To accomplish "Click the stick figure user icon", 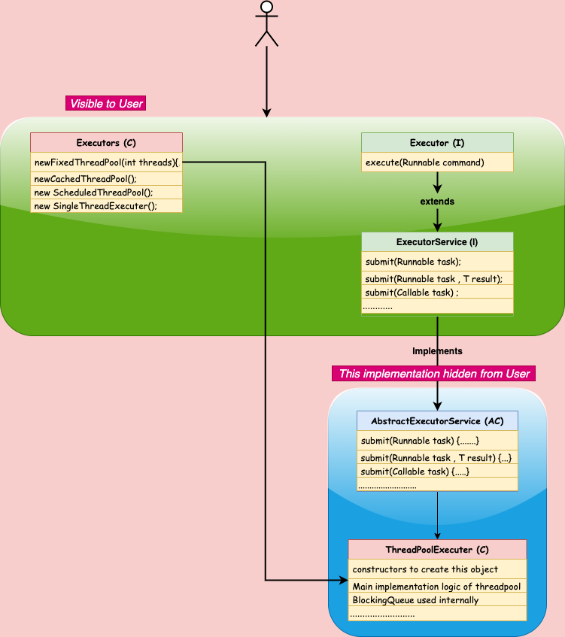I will click(266, 23).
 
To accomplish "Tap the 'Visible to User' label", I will click(105, 104).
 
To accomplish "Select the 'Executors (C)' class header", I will click(106, 143).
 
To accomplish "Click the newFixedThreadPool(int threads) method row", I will click(106, 162).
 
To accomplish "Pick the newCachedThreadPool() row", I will click(106, 179).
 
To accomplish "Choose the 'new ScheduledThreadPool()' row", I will click(106, 193).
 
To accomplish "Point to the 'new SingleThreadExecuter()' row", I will click(106, 206).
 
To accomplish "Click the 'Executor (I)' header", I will click(437, 143).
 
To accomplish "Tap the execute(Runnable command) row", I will click(437, 162).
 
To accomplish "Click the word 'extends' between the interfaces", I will click(437, 202).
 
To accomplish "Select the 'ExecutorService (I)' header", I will click(437, 242).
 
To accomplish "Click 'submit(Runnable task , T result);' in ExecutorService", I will click(437, 278).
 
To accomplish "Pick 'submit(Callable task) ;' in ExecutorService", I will click(437, 292).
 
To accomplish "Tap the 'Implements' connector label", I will click(437, 351).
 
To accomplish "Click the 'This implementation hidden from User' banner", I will click(435, 374).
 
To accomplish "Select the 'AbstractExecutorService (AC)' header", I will click(437, 421).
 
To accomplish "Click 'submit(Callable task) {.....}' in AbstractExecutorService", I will click(437, 472).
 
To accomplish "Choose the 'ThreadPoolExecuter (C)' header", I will click(437, 551).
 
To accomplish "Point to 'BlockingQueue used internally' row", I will click(437, 600).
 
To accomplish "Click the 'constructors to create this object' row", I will click(437, 569).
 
